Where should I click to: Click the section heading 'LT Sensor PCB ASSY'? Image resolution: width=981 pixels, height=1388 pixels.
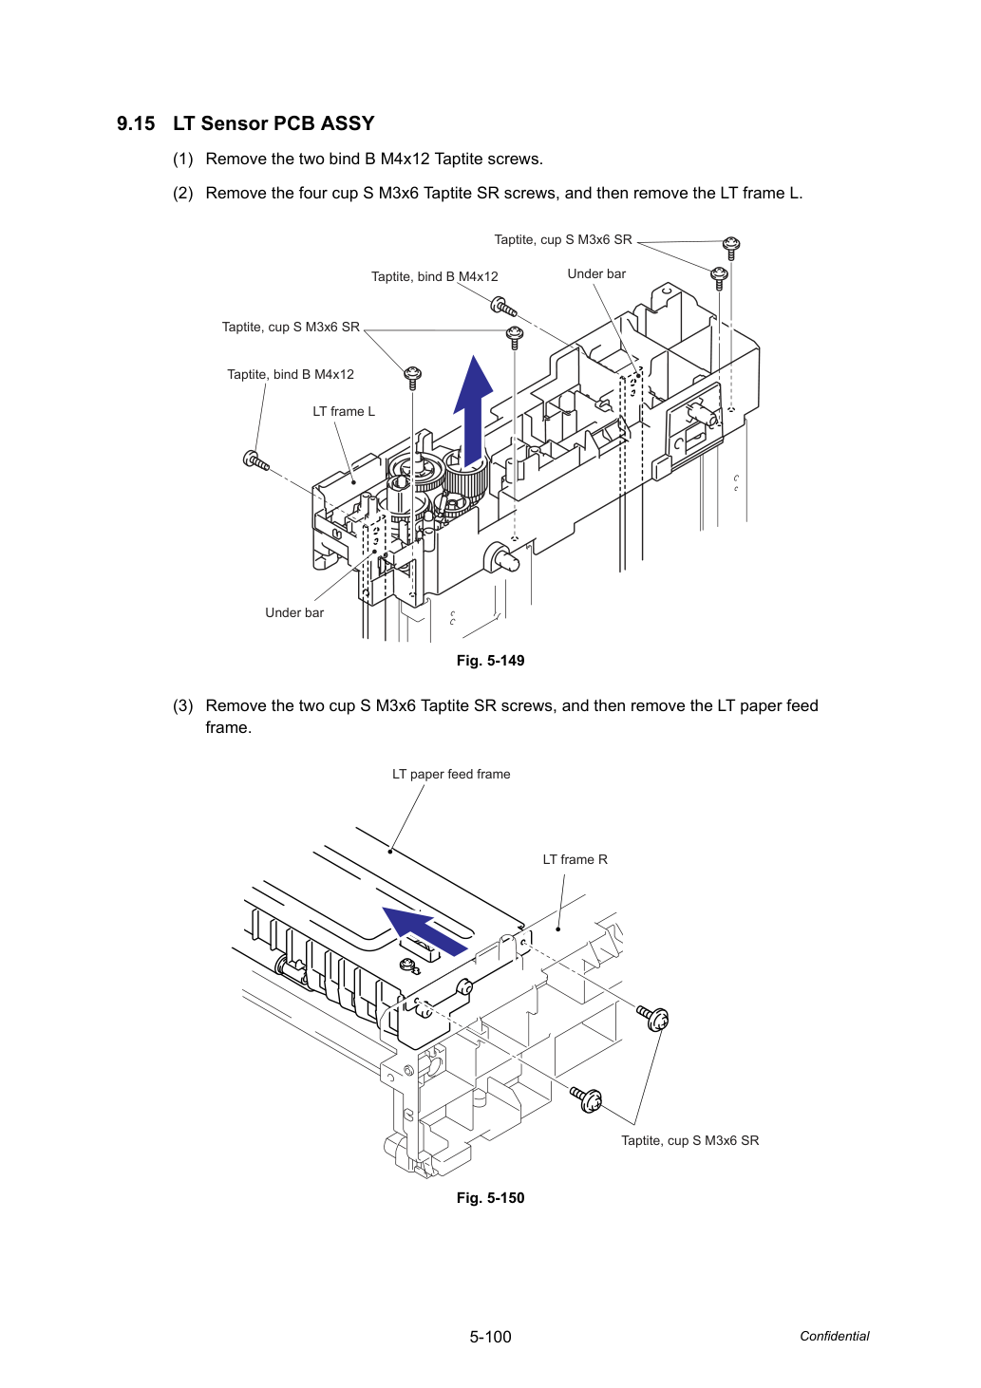[274, 123]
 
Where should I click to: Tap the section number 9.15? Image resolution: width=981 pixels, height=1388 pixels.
[136, 123]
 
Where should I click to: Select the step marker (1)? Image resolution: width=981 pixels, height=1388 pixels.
[183, 159]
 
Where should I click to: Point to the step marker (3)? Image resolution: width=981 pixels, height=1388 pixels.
[183, 705]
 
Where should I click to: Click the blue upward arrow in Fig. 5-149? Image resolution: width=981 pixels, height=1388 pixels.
[474, 411]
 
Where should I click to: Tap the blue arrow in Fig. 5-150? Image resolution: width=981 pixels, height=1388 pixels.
[425, 930]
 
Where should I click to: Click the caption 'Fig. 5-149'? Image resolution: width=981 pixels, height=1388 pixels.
[490, 661]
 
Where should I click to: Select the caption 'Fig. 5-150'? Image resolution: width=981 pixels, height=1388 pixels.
[490, 1198]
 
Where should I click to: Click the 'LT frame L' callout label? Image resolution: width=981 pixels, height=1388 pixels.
[344, 411]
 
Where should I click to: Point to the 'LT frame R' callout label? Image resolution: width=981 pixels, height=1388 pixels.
[575, 859]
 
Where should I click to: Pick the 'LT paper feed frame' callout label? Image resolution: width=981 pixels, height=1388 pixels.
[451, 774]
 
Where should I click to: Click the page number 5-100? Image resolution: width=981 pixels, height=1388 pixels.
[490, 1337]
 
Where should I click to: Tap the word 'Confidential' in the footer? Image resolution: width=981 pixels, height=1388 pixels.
[834, 1337]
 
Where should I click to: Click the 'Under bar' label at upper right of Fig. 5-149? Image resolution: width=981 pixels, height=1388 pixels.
[596, 273]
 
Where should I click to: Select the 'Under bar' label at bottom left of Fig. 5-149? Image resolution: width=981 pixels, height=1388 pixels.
[294, 612]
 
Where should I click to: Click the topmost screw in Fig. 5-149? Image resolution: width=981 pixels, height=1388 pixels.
[732, 248]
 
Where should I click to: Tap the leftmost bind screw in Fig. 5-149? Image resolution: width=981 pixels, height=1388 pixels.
[255, 460]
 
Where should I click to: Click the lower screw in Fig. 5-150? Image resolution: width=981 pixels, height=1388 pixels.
[586, 1100]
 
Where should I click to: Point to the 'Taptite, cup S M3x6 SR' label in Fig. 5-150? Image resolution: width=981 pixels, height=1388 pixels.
[689, 1141]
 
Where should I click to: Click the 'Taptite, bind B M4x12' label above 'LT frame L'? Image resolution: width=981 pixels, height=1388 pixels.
[290, 374]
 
